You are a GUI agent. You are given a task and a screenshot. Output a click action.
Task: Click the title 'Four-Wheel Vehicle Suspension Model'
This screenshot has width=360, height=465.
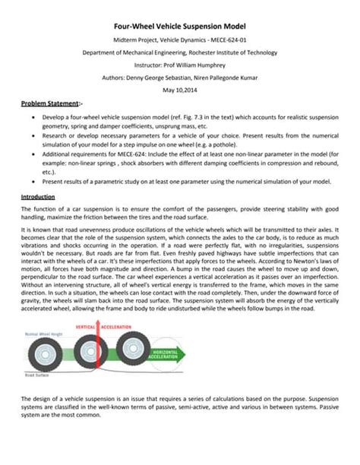[180, 24]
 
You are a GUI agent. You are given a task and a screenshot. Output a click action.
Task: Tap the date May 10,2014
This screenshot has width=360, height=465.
[180, 90]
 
